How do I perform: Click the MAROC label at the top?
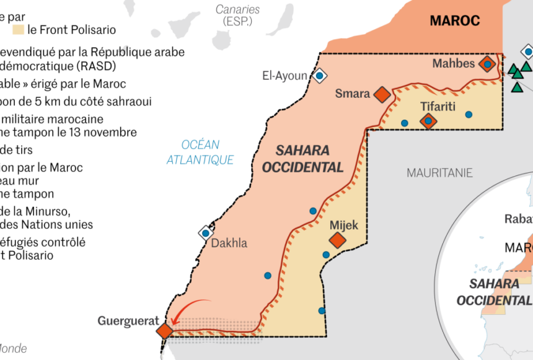(455, 21)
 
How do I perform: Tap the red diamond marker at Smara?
(382, 94)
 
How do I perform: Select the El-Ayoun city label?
(284, 76)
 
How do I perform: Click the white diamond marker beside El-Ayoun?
(319, 76)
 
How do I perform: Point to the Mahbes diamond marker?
(488, 64)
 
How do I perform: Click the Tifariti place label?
(438, 107)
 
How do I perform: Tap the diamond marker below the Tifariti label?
(428, 121)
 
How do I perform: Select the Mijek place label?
(344, 226)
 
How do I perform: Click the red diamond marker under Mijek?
(337, 241)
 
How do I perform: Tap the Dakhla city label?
(229, 243)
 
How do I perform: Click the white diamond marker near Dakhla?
(205, 232)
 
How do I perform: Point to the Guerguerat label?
(128, 321)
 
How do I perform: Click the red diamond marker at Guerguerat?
(165, 330)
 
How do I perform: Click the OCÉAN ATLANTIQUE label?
(200, 152)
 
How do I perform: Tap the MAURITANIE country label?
(439, 173)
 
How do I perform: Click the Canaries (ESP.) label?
(237, 15)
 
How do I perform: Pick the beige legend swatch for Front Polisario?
(18, 29)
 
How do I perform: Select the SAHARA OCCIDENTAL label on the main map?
(302, 159)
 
